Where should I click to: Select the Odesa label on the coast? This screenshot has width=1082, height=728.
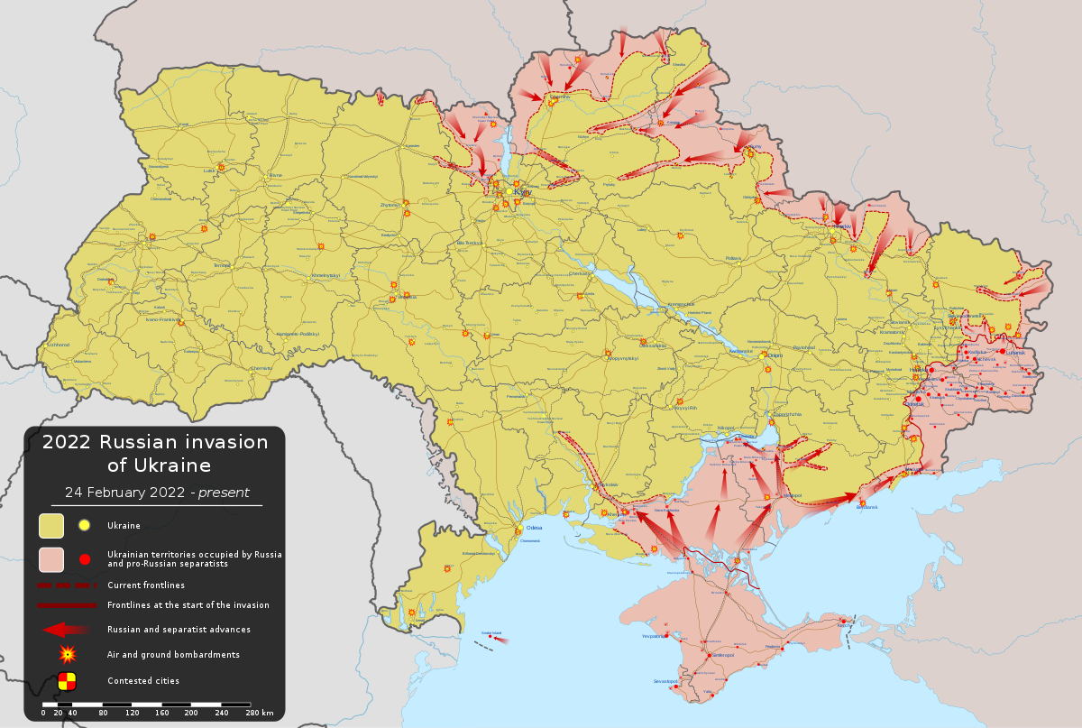pyautogui.click(x=535, y=529)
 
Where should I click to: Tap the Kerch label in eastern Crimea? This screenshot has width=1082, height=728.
pyautogui.click(x=846, y=624)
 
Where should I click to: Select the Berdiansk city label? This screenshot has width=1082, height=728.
pyautogui.click(x=867, y=507)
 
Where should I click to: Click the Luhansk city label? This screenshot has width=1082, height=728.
pyautogui.click(x=1015, y=353)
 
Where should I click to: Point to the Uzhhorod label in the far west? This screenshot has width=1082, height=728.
pyautogui.click(x=59, y=345)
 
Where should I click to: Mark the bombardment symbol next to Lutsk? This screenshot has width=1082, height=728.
pyautogui.click(x=221, y=167)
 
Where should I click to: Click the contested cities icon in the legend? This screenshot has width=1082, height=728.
pyautogui.click(x=67, y=681)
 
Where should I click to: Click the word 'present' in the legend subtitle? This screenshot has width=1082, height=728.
pyautogui.click(x=224, y=493)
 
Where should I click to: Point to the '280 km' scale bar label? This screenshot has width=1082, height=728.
pyautogui.click(x=260, y=714)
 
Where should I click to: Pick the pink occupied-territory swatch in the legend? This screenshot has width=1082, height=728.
pyautogui.click(x=50, y=559)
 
